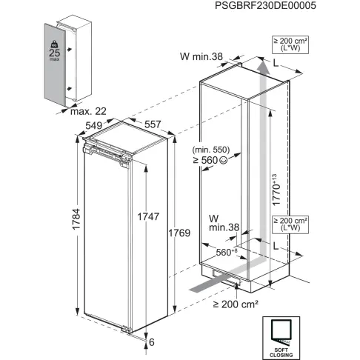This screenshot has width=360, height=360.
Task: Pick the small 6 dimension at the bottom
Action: coord(152,343)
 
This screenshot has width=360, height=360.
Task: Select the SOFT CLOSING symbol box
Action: coord(281,336)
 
